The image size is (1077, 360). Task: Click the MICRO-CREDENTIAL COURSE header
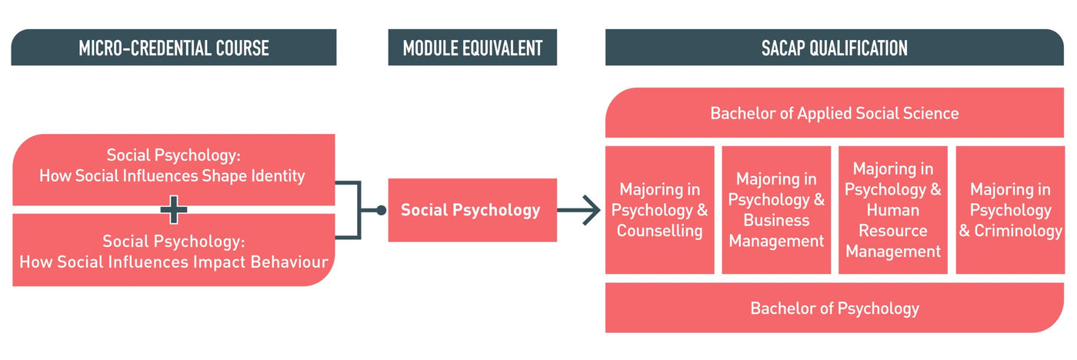174,48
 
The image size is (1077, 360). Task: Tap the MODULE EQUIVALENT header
472,48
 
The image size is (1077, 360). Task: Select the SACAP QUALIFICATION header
834,48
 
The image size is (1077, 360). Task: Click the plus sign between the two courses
174,209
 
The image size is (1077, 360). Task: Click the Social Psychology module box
471,210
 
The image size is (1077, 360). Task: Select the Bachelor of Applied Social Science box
834,113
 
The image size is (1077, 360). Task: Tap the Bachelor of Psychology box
834,308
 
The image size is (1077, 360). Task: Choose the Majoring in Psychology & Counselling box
660,210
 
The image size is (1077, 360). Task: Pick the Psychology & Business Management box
776,210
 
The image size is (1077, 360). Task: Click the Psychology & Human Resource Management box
893,210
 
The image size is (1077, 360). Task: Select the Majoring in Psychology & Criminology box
1009,210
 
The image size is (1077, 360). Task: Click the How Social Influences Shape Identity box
174,165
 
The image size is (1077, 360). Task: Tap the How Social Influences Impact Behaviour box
174,252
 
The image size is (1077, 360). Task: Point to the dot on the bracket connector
380,210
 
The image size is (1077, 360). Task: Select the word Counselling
660,231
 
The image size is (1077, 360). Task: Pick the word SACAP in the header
786,48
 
